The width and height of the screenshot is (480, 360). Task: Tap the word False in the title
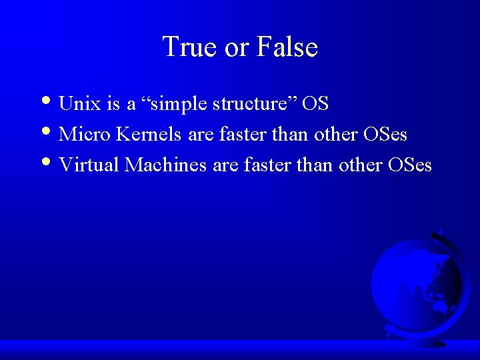click(289, 47)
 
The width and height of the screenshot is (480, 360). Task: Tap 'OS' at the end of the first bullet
click(315, 104)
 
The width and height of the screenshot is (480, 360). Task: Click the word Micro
click(85, 135)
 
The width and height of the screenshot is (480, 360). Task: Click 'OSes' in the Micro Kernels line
click(385, 135)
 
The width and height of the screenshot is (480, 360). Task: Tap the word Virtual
click(89, 165)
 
